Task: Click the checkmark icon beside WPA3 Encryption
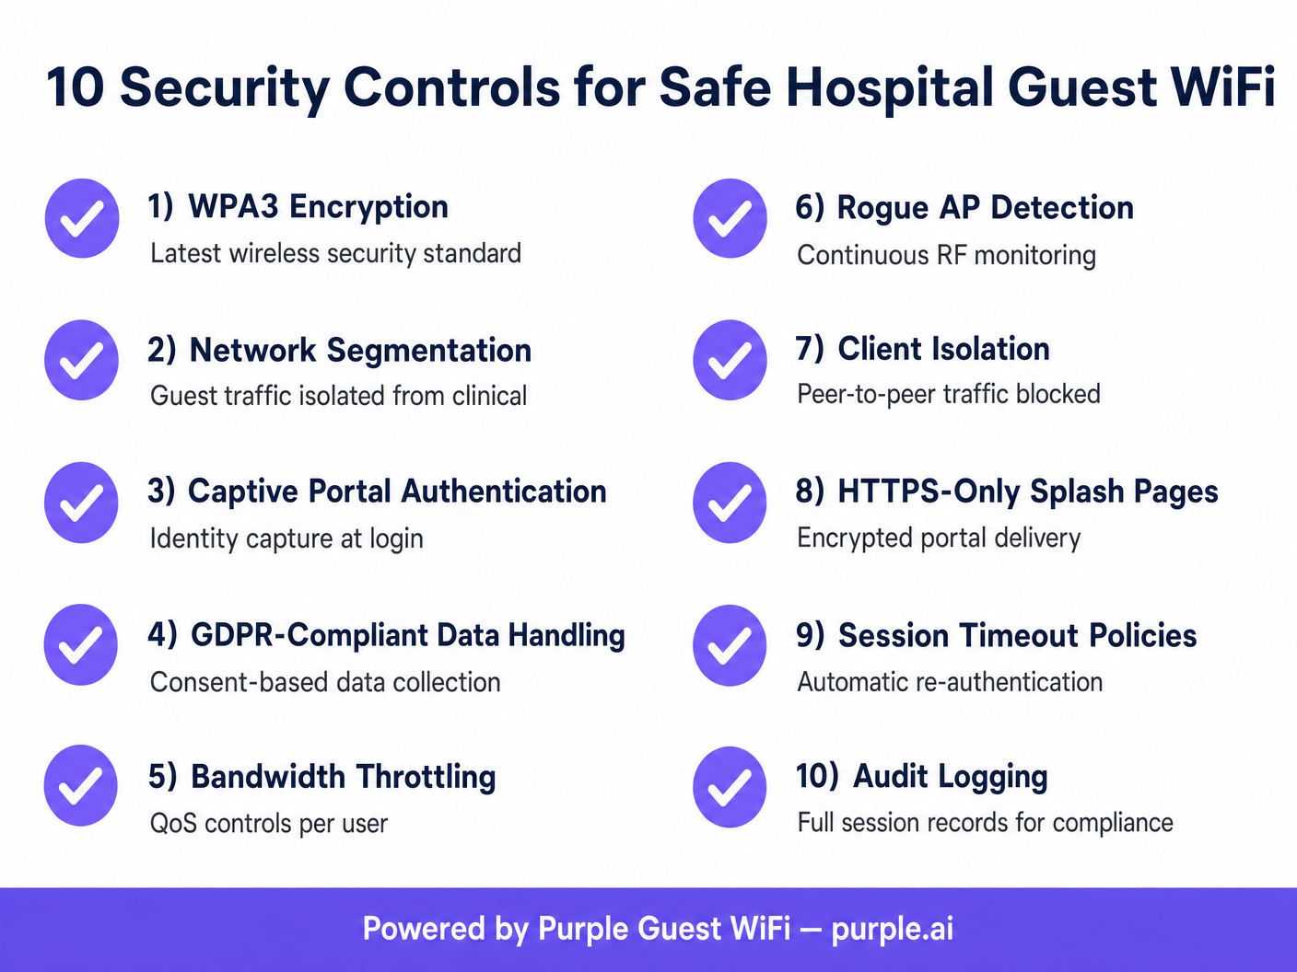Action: [x=82, y=218]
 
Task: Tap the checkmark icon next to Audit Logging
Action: [x=730, y=787]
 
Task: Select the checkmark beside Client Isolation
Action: [x=730, y=360]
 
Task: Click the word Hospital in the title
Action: [x=889, y=87]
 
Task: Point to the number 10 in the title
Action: [x=76, y=87]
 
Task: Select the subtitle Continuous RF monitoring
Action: [x=946, y=255]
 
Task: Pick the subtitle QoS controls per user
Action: [x=269, y=823]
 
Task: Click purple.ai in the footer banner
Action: [x=892, y=929]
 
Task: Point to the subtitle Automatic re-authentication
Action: [x=950, y=682]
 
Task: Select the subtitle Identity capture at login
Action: [x=286, y=538]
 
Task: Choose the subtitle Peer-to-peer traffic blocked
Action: [x=949, y=394]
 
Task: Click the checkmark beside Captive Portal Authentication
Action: [x=81, y=503]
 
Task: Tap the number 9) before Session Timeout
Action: [x=811, y=635]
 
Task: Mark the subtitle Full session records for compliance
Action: [x=985, y=823]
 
